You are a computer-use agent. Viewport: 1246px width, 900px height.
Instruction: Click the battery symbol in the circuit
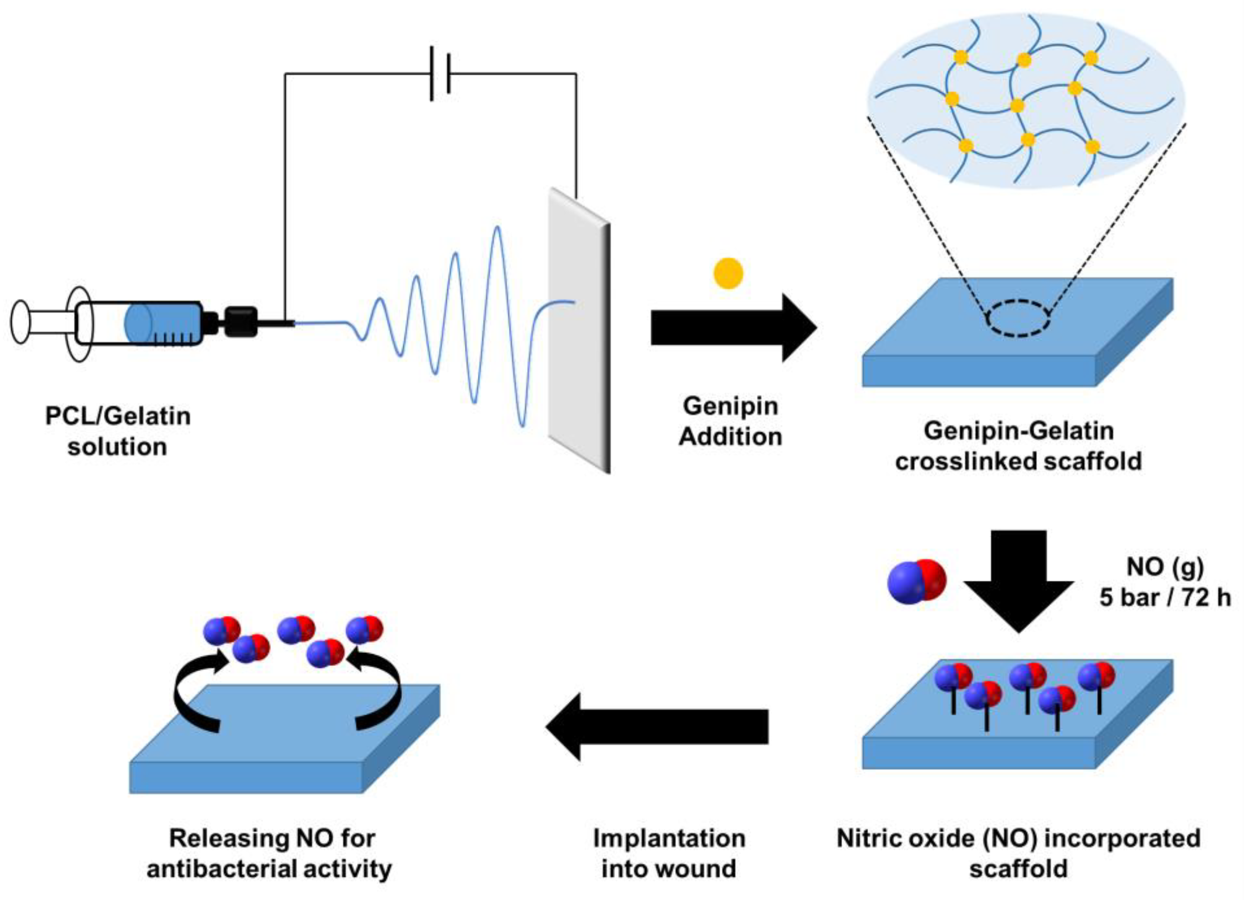coord(440,74)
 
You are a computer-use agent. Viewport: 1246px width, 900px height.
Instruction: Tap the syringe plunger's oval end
coord(20,322)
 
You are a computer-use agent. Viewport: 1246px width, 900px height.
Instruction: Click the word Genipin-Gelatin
coord(1018,430)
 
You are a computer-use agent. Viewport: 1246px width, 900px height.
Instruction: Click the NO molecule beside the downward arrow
coord(917,581)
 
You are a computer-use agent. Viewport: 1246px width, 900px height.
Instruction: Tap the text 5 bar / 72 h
coord(1165,597)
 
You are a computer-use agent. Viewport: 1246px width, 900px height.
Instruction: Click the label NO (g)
coord(1165,567)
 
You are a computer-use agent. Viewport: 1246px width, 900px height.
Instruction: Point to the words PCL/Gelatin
coord(118,416)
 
